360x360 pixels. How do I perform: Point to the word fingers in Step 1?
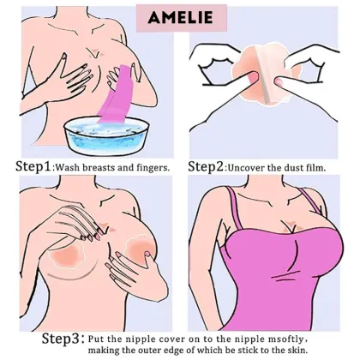click(150, 167)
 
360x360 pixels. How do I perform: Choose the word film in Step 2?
click(327, 167)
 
